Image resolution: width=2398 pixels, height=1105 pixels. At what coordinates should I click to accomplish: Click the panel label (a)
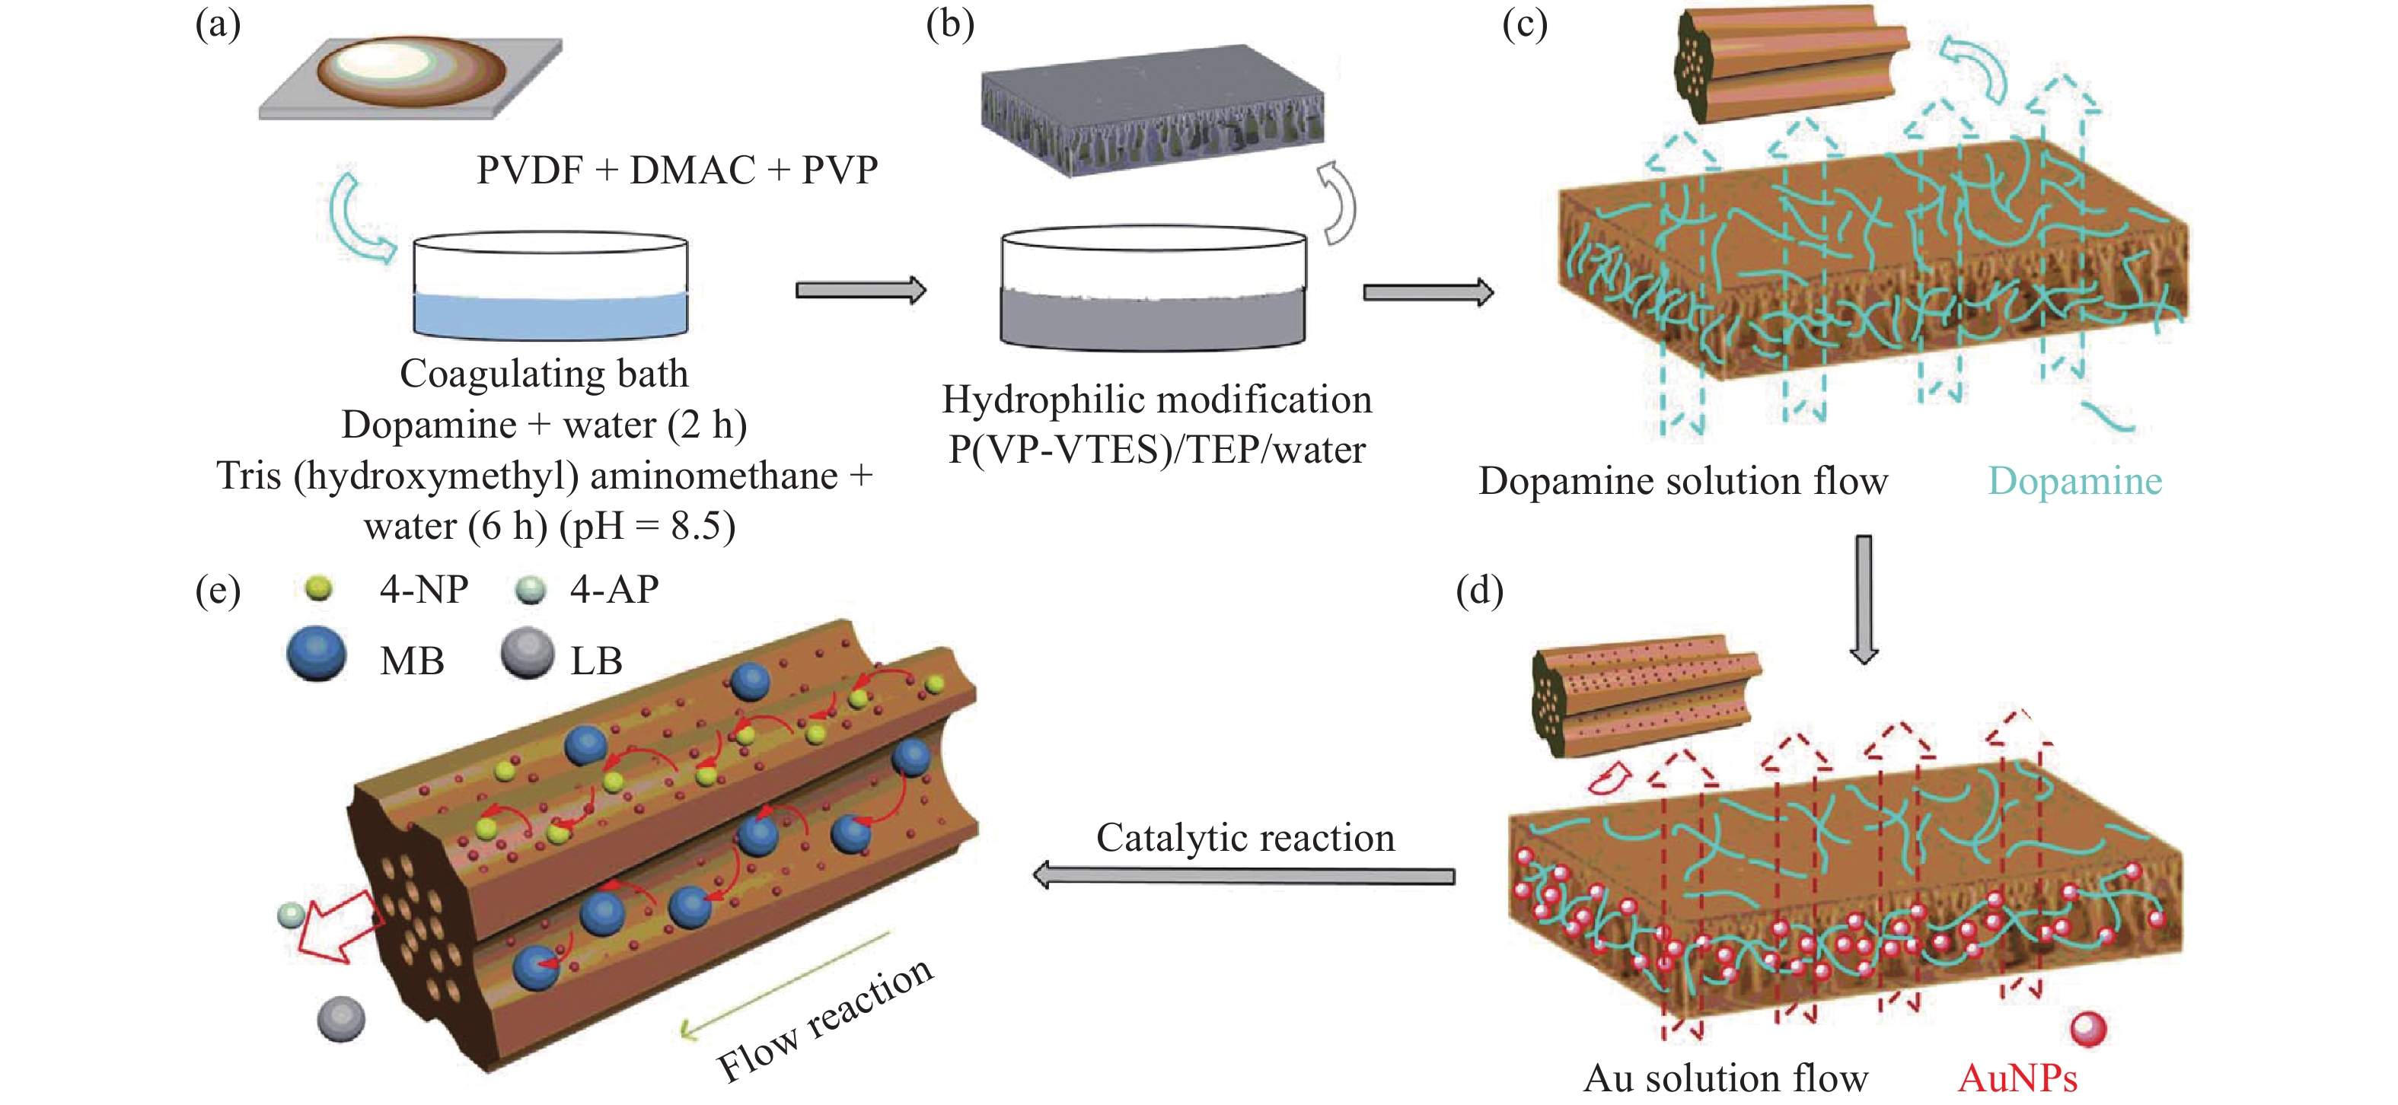pos(217,25)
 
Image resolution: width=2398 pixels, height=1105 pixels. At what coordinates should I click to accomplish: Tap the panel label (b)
pos(949,25)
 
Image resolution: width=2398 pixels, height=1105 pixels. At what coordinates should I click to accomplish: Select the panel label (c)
pos(1525,25)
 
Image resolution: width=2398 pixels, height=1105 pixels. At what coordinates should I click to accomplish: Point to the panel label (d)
pos(1479,591)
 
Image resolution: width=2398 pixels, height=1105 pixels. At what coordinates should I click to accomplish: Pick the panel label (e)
pos(217,591)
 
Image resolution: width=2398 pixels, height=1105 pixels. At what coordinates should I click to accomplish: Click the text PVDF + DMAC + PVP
pos(677,170)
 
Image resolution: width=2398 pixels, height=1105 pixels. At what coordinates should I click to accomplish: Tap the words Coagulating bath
pos(544,374)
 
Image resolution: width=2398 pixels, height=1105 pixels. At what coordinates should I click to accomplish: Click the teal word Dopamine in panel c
pos(2074,481)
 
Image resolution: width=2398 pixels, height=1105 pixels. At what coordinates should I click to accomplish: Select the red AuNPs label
pos(2017,1078)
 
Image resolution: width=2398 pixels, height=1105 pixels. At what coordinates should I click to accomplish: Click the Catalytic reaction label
pos(1245,838)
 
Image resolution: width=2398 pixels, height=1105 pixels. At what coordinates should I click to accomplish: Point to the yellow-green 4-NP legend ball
pos(318,588)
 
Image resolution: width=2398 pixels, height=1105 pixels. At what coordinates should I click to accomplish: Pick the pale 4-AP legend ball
pos(530,589)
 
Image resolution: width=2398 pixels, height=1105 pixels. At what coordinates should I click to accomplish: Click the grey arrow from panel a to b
pos(860,291)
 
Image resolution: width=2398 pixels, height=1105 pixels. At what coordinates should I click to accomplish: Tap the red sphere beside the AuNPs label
pos(2088,1029)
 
